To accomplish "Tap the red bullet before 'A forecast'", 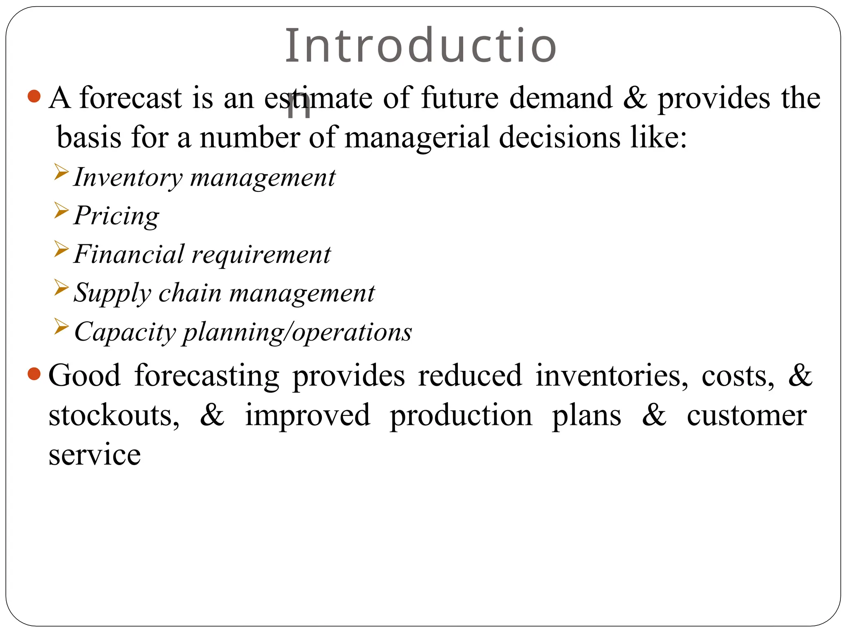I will coord(34,96).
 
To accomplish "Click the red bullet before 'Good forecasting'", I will coord(34,374).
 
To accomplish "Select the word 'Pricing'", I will coord(116,216).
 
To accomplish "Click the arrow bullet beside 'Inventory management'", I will coord(61,172).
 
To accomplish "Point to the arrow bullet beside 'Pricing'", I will coord(61,210).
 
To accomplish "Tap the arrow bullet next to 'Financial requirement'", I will coord(61,249).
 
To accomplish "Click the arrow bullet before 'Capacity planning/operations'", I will coord(61,327).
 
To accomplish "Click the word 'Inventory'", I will coord(128,178).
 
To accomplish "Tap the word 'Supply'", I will coord(112,294).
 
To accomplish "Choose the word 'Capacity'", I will coord(125,332).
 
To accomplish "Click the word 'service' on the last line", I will coord(95,454).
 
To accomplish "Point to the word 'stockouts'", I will coord(114,415).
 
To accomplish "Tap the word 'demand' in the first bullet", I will coord(560,98).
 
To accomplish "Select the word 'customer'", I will coord(747,415).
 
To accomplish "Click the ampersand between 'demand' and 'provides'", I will coord(635,98).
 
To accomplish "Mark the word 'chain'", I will coord(190,293).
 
